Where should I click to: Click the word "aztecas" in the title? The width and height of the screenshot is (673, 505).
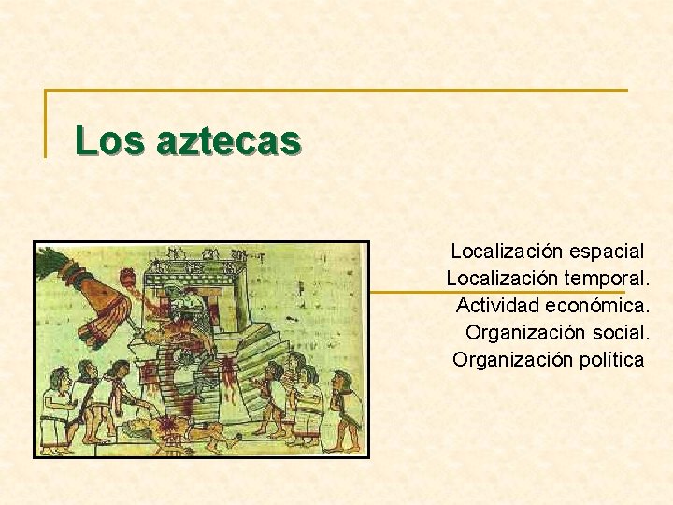click(x=229, y=141)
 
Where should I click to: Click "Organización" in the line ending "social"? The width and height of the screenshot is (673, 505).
click(x=526, y=333)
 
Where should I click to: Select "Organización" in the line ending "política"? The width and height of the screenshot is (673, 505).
click(x=513, y=360)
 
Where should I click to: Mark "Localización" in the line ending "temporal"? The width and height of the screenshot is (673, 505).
click(x=502, y=279)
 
